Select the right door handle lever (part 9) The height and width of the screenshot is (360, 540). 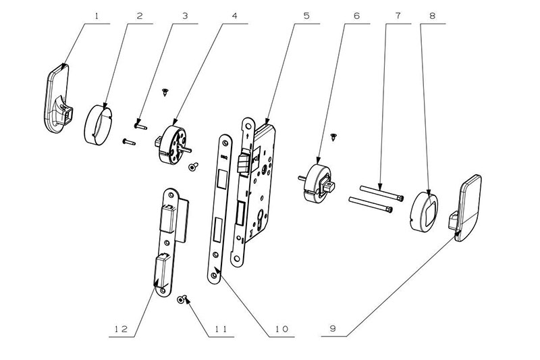473,203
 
